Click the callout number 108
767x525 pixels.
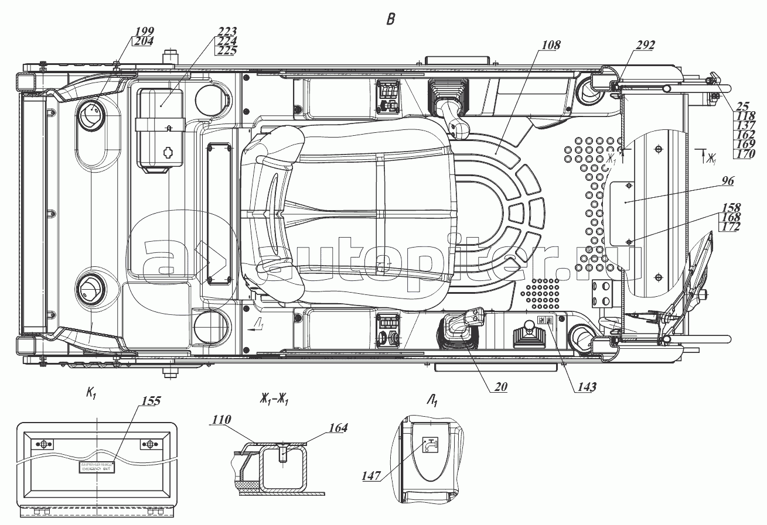[x=551, y=44]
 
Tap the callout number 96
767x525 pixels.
[x=727, y=181]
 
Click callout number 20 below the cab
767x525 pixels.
[x=500, y=386]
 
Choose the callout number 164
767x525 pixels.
[x=338, y=428]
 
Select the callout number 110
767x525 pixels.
[x=223, y=419]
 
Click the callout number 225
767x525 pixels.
[x=226, y=50]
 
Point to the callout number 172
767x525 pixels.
[x=731, y=227]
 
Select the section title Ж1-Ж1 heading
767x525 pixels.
[x=273, y=400]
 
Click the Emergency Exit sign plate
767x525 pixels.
[x=97, y=466]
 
